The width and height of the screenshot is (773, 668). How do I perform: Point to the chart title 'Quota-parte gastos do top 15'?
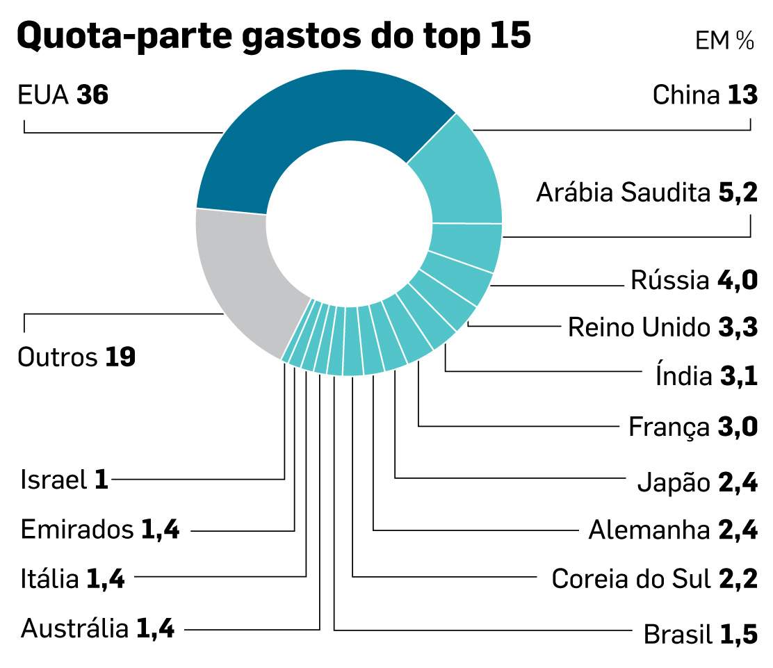tap(273, 35)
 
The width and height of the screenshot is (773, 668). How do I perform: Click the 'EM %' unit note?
tap(724, 41)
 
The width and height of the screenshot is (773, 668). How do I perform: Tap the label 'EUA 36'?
tap(63, 95)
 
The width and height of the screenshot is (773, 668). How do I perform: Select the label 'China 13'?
tap(704, 95)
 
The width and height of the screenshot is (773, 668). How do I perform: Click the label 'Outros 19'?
tap(76, 357)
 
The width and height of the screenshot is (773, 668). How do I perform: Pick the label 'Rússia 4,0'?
tap(693, 281)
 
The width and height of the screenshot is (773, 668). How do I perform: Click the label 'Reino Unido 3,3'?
tap(662, 327)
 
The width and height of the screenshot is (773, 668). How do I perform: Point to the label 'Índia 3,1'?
tap(706, 376)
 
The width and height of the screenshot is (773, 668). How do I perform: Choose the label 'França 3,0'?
tap(692, 426)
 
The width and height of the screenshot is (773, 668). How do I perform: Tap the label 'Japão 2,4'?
tap(697, 482)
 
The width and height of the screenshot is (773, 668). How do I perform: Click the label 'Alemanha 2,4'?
tap(672, 530)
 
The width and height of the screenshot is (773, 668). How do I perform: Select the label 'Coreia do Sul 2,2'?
tap(654, 578)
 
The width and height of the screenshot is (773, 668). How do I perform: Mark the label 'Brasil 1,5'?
tap(700, 634)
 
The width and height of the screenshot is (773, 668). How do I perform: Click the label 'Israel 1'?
tap(65, 480)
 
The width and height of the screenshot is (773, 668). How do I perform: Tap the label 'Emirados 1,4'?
tap(100, 530)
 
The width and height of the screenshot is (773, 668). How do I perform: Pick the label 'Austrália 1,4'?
tap(98, 629)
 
